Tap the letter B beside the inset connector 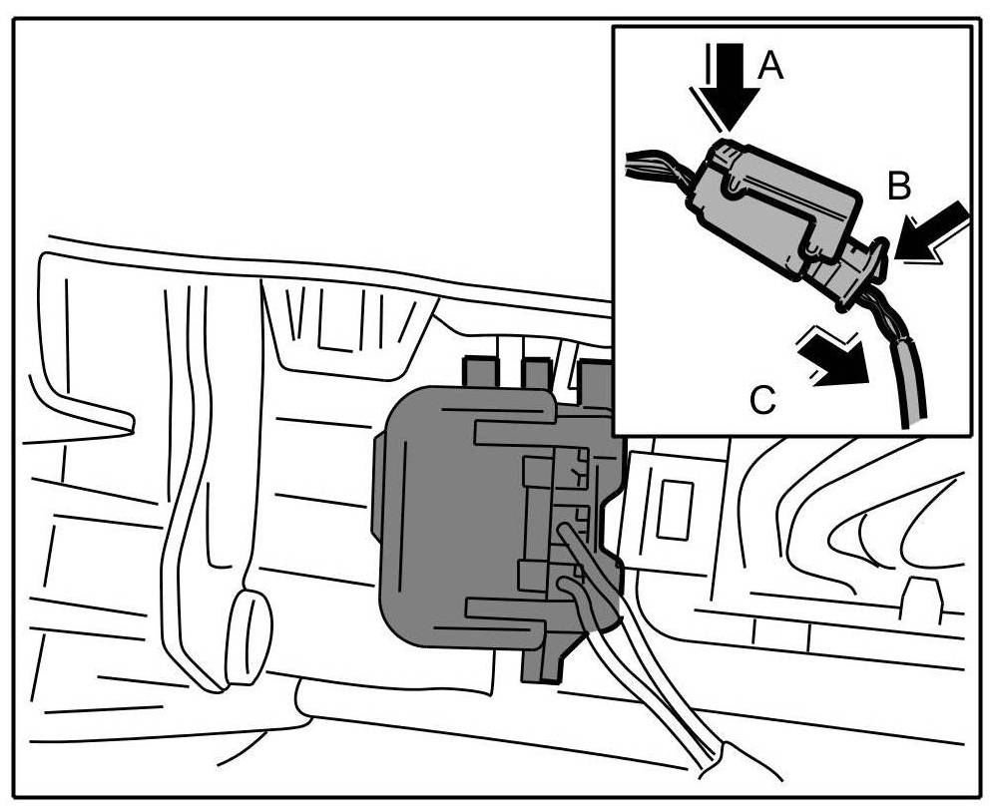tap(900, 185)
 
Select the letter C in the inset tap(762, 400)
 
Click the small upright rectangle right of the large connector tap(674, 509)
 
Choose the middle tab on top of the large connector tap(536, 374)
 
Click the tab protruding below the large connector tap(544, 663)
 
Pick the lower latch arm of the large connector tap(504, 608)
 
